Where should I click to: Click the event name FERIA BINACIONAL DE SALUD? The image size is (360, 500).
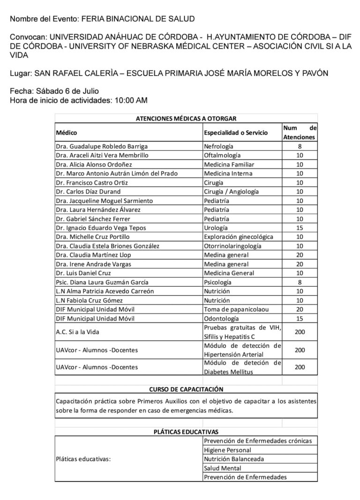point(138,18)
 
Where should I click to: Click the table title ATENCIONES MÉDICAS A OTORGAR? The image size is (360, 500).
point(186,119)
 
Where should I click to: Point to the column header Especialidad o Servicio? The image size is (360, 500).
point(236,133)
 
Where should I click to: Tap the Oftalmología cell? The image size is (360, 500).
point(222,155)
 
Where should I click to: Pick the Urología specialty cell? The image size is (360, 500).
point(217,228)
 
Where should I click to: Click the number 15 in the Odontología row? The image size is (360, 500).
point(300,319)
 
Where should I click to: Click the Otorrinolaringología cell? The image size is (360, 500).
point(232,246)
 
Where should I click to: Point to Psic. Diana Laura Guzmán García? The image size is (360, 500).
point(102,282)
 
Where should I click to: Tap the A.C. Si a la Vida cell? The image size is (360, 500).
point(77,332)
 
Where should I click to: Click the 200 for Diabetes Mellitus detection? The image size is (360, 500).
point(300,367)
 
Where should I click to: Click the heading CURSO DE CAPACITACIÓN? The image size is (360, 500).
point(186,389)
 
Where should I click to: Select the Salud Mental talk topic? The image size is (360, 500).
point(223,468)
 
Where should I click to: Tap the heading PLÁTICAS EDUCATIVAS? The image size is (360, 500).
point(186,432)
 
